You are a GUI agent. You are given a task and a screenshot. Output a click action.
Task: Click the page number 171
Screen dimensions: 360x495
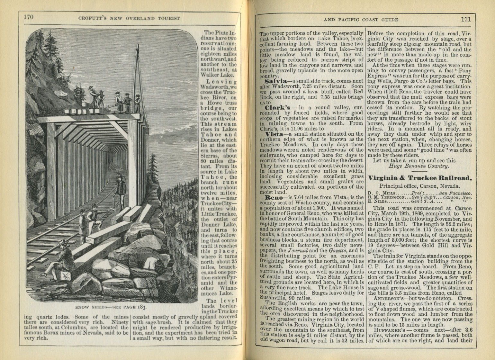tap(465, 19)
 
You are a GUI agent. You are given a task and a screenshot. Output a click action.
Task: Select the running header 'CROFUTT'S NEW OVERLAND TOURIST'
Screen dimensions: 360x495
tap(129, 18)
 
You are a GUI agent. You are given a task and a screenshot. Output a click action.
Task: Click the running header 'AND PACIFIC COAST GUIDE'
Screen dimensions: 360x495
tap(361, 20)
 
